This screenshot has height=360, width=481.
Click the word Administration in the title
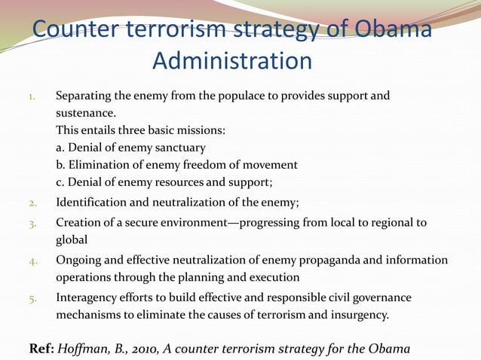(231, 60)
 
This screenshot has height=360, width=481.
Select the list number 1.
(32, 97)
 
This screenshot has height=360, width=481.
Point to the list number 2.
(32, 202)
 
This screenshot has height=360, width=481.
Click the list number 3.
(32, 224)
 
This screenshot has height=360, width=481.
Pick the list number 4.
(32, 261)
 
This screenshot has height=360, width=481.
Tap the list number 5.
(32, 298)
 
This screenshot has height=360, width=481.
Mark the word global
(72, 239)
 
